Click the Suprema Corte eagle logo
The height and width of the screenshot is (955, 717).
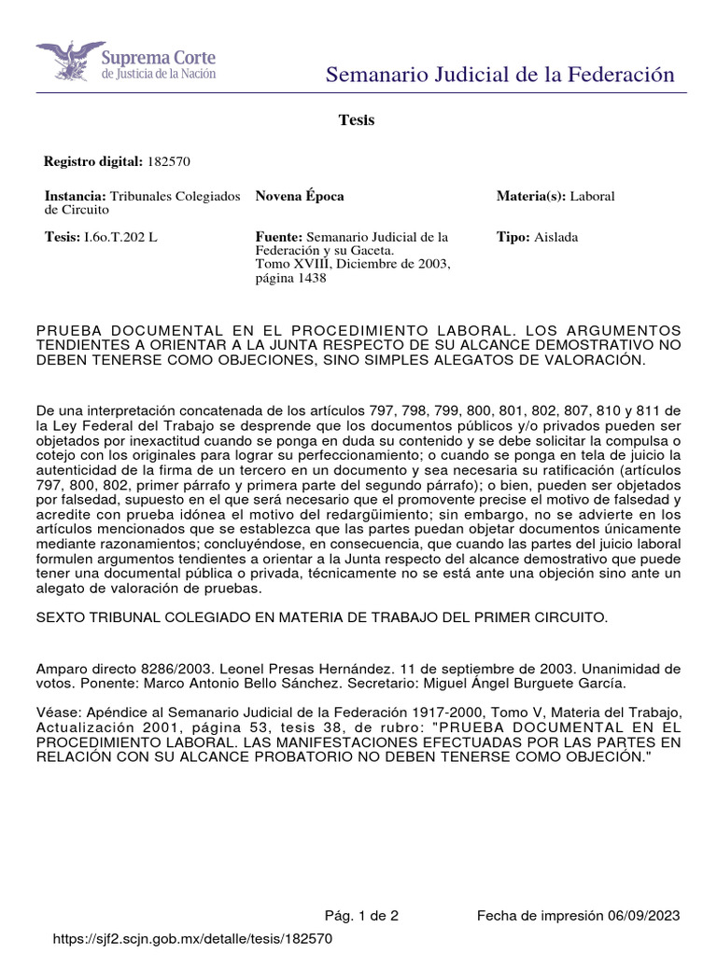point(70,61)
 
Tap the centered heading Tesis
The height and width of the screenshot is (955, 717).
point(356,120)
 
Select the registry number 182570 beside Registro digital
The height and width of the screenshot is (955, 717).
point(169,161)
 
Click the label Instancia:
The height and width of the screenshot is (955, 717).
point(76,196)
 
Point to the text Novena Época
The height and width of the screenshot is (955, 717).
point(299,196)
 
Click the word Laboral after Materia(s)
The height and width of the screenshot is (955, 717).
point(592,196)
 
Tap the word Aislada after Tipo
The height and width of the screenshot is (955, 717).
point(556,237)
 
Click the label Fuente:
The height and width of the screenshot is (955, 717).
point(278,237)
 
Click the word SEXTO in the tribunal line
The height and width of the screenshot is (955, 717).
point(60,617)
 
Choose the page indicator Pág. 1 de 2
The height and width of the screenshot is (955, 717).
point(361,915)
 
